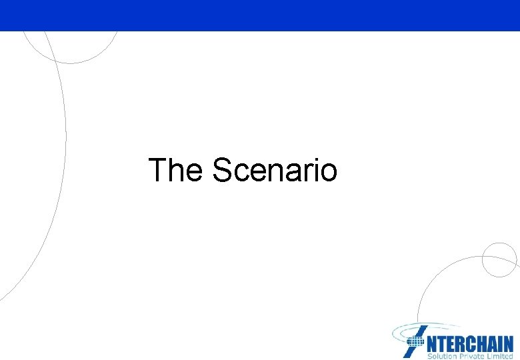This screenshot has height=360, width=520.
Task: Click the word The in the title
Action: point(174,170)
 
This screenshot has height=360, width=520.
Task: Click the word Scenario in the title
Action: point(275,170)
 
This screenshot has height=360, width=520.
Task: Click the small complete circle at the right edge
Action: point(499,259)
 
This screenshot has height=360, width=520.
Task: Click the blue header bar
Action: point(260,15)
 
